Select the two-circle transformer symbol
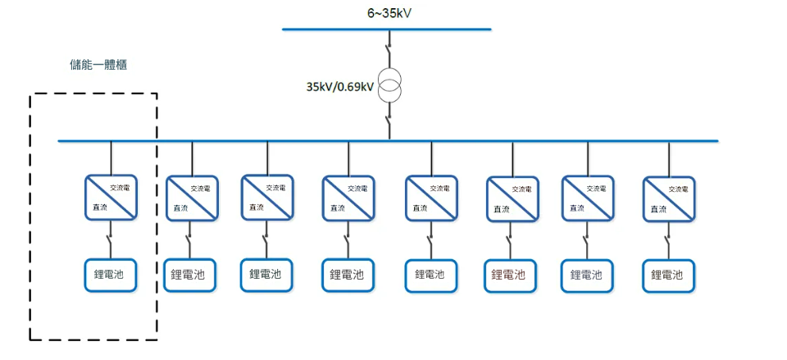coord(389,86)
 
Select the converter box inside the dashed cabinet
coord(111,197)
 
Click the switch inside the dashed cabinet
coord(111,241)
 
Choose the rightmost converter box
coord(669,199)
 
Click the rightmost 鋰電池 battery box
coord(669,275)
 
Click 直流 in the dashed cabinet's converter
coord(99,208)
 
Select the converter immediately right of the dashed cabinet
coord(192,199)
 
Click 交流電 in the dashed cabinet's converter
coord(125,187)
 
